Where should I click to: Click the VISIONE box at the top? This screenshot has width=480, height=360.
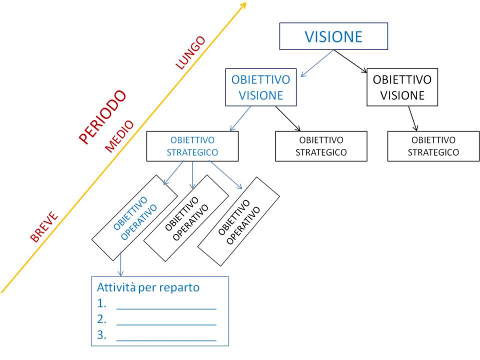click(333, 36)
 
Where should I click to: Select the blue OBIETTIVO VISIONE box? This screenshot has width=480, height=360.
click(261, 87)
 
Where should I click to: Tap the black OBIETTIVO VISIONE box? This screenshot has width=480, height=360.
click(402, 87)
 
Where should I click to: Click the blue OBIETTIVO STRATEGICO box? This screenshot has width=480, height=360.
click(192, 146)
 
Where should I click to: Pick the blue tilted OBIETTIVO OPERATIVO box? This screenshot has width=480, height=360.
click(134, 217)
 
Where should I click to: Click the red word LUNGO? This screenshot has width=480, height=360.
click(190, 52)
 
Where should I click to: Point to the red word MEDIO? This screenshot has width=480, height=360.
click(119, 136)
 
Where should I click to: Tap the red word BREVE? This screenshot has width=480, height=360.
click(44, 227)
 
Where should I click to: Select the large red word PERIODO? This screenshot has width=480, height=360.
click(102, 116)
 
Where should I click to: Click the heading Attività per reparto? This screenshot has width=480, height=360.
click(148, 287)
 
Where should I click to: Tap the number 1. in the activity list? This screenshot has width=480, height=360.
click(101, 303)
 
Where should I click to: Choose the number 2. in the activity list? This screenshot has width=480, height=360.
click(101, 319)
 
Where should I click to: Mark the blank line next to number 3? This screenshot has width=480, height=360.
click(166, 340)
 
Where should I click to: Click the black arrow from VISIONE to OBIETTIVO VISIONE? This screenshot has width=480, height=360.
click(350, 61)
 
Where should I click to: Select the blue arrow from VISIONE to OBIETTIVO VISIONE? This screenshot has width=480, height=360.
click(317, 63)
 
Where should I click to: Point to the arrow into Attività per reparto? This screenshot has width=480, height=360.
click(121, 264)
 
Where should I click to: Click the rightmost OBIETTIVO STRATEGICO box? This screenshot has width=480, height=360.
click(433, 146)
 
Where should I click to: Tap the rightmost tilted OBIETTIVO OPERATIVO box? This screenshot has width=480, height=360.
click(238, 221)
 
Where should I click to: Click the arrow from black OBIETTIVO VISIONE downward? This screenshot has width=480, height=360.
click(412, 118)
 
